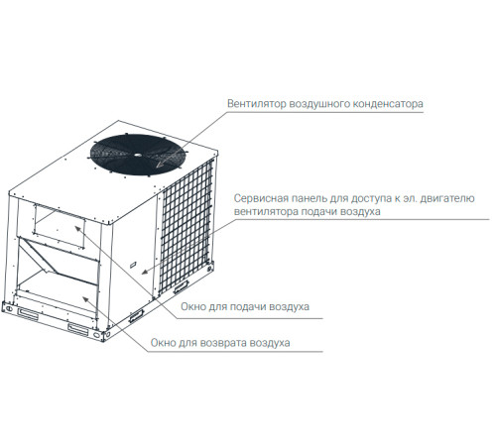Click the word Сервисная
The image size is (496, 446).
click(262, 197)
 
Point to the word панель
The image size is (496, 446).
click(317, 197)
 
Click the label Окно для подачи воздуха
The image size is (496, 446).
click(245, 307)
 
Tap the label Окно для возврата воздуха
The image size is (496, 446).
click(219, 343)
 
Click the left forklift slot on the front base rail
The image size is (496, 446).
click(26, 314)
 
